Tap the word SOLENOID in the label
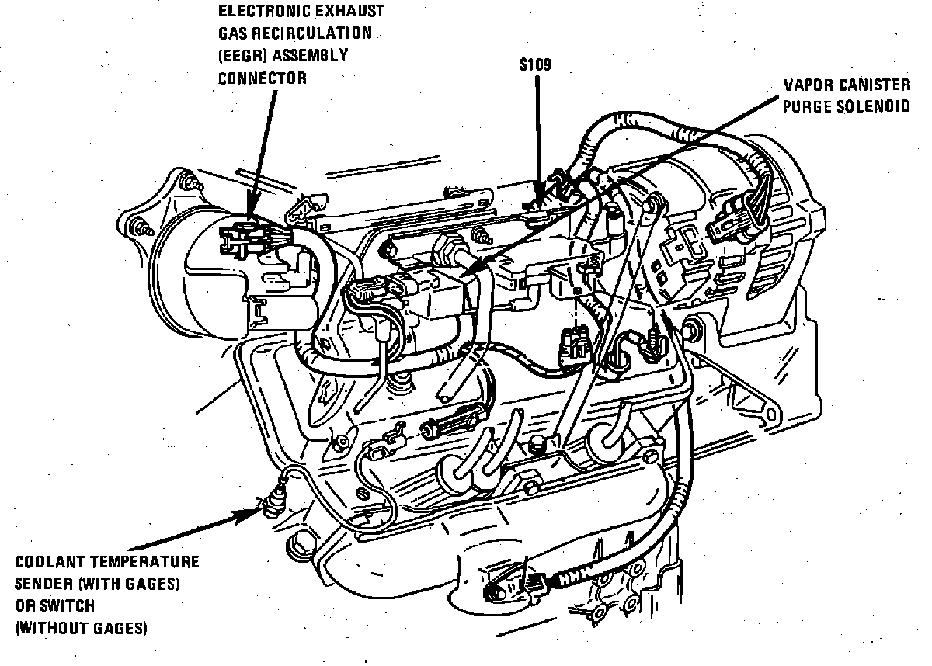[875, 106]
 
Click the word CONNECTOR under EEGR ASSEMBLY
[262, 78]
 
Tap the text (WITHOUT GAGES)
[81, 627]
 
